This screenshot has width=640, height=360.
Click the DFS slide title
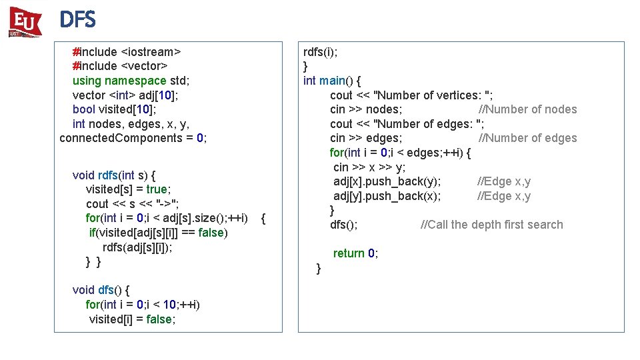coord(77,21)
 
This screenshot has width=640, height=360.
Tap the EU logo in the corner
coord(25,22)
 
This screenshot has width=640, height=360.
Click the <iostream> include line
coord(127,51)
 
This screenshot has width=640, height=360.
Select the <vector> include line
coord(119,66)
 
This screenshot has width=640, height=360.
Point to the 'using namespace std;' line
coord(131,81)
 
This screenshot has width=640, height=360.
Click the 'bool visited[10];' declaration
coord(114,109)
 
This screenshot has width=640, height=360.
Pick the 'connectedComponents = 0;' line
coord(133,138)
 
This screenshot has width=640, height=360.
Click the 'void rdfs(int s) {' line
coord(114,175)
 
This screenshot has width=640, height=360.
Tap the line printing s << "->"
coord(132,204)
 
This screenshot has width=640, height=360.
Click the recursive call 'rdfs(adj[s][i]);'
coord(137,247)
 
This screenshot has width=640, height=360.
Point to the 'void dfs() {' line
coord(101,290)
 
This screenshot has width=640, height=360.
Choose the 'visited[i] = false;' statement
coord(133,319)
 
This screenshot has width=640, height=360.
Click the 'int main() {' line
coord(332,81)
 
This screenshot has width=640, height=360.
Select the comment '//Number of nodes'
coord(527,109)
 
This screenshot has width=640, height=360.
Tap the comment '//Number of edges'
coord(527,138)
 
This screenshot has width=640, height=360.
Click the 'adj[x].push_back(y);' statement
coord(387,181)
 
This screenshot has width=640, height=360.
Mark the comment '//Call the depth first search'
coord(491,225)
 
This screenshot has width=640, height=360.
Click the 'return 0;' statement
coord(355,253)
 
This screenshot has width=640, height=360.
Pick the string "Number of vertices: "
coord(433,95)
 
